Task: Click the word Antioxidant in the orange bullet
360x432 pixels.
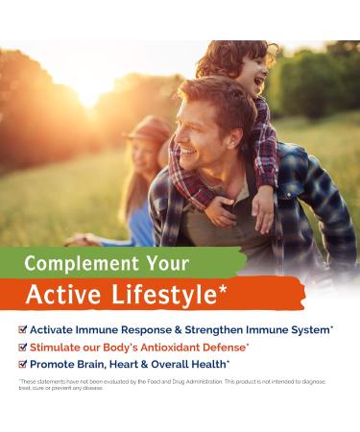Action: pyautogui.click(x=188, y=346)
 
